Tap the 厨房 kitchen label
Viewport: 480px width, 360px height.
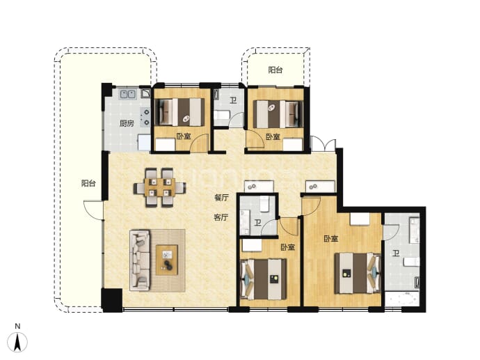tap(127, 123)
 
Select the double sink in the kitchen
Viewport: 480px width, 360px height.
tap(128, 94)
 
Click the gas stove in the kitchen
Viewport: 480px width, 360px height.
tap(145, 117)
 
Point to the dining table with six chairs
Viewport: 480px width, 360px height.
tap(159, 187)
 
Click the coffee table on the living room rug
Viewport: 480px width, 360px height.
tap(167, 260)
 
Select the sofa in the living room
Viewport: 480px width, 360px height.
tap(140, 260)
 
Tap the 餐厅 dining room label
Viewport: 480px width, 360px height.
tap(221, 198)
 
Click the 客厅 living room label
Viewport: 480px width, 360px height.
tap(221, 217)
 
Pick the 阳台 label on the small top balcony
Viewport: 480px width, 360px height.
tap(275, 70)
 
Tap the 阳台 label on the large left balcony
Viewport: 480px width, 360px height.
tap(88, 183)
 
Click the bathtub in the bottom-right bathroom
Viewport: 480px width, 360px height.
tap(402, 299)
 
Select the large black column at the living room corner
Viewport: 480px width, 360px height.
tap(112, 300)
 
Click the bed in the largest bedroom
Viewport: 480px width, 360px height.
tap(358, 273)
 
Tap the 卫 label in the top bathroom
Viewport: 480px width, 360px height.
tap(233, 100)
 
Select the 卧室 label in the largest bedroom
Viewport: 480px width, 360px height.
tap(331, 239)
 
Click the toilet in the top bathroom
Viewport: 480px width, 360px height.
tap(221, 116)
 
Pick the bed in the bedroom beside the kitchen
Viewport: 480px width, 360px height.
tap(182, 112)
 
